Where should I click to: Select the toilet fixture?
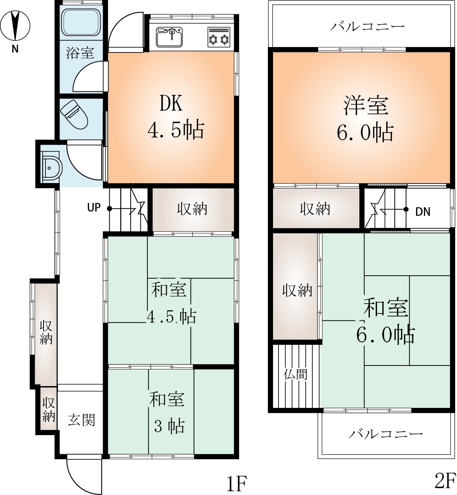click(x=74, y=115)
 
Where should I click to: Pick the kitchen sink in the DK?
click(x=170, y=37)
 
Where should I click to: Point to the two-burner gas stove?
click(x=219, y=37)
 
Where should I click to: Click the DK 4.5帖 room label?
click(x=176, y=117)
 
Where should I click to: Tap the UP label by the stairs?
click(x=94, y=208)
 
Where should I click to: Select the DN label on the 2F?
click(x=423, y=212)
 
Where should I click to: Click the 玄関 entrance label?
click(x=82, y=420)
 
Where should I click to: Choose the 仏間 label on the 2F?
click(x=296, y=374)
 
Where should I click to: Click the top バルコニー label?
click(x=368, y=26)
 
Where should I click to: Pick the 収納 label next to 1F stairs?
click(x=192, y=209)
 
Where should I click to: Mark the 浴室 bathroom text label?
click(x=80, y=53)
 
